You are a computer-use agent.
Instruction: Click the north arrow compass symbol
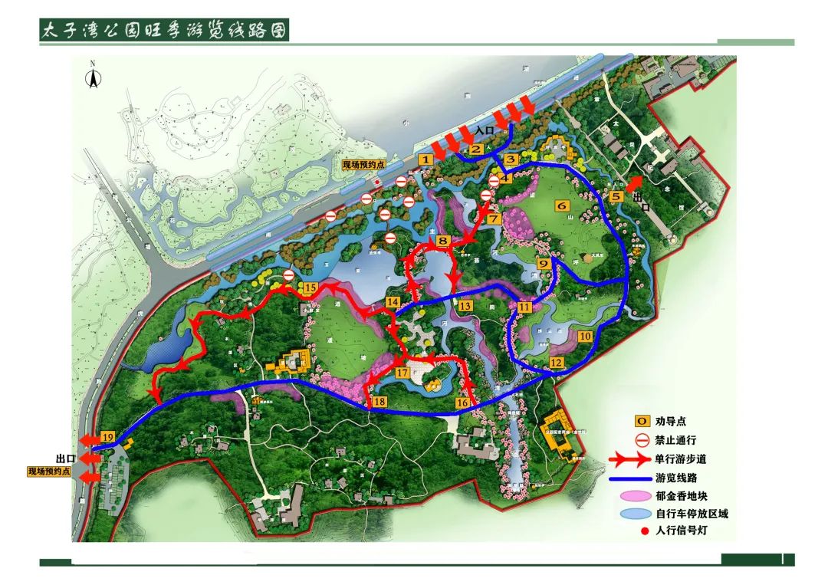tap(93, 77)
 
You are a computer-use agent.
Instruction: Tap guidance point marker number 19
tap(107, 438)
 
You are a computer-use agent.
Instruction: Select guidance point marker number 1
tap(426, 158)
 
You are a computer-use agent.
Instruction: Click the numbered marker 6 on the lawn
tap(561, 205)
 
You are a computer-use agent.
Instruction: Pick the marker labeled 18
tap(379, 402)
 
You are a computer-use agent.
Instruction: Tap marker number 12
tap(557, 362)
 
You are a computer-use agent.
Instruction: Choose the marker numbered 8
tap(442, 241)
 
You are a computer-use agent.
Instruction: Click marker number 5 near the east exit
tap(616, 196)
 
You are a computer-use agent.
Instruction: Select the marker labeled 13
tap(465, 305)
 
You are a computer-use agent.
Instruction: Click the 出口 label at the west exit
tap(64, 458)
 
